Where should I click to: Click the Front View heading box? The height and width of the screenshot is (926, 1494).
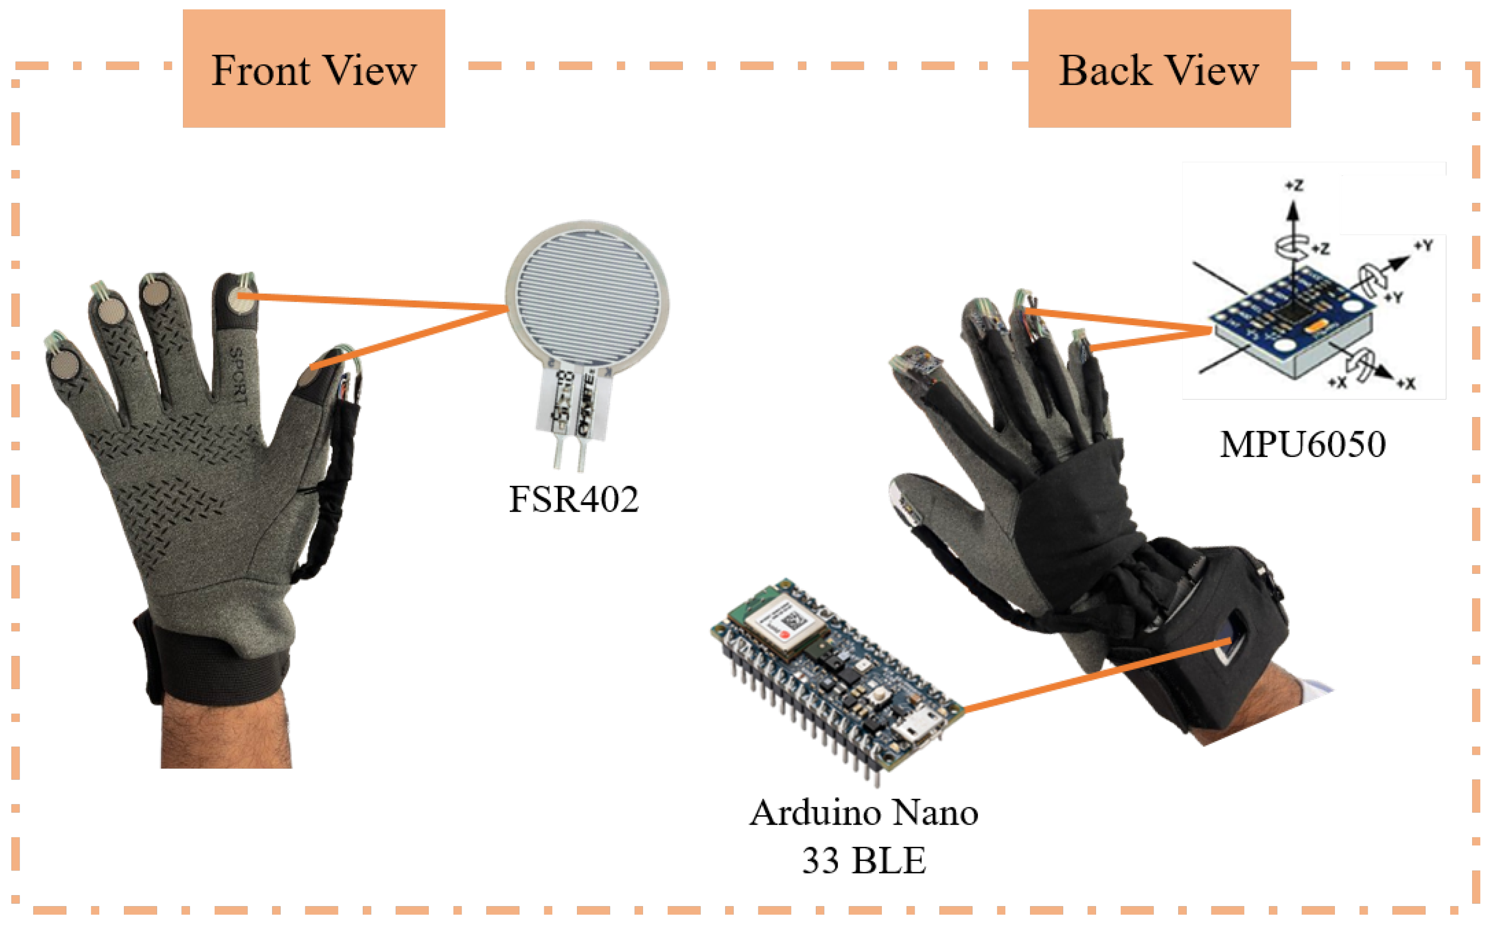tap(313, 68)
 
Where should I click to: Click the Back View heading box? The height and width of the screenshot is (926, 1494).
tap(1159, 68)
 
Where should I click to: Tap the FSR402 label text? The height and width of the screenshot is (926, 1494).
tap(574, 499)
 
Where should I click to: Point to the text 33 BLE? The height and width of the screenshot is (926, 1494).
tap(863, 860)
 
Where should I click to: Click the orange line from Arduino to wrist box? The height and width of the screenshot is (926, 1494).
tap(1096, 673)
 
